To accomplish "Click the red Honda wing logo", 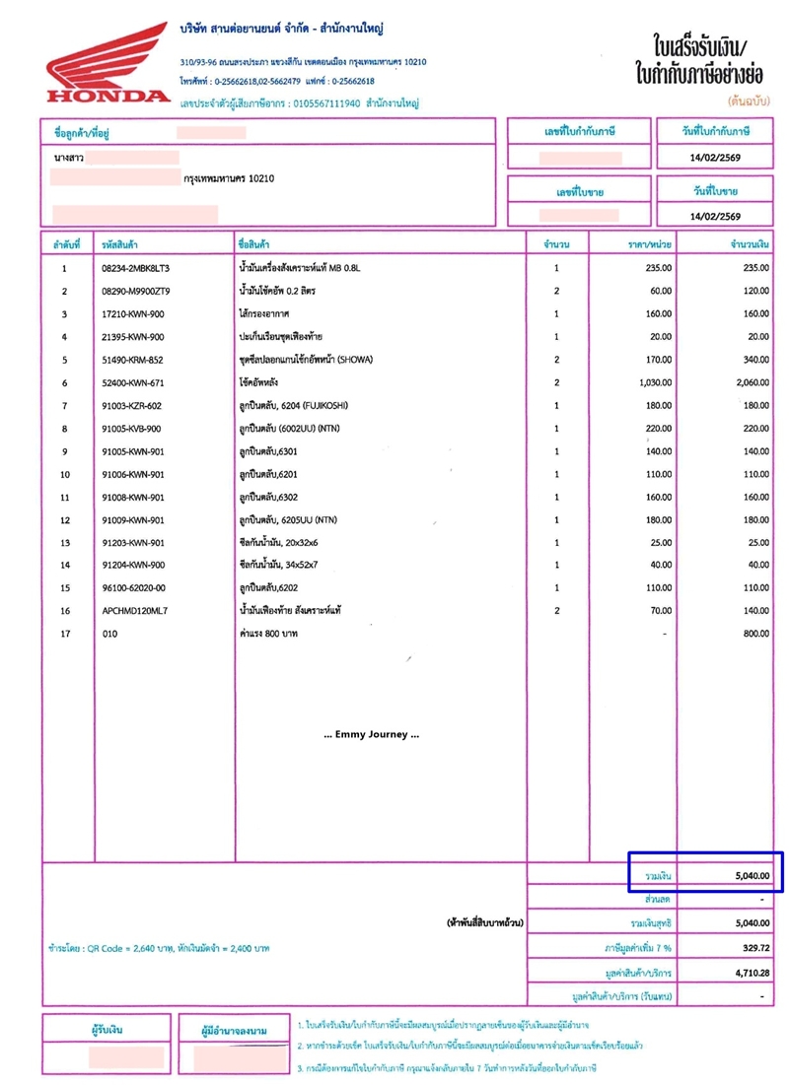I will coord(106,61).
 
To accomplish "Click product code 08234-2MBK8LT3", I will coord(136,268).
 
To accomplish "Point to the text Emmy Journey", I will coord(372,734).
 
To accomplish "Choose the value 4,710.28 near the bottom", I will coord(749,972).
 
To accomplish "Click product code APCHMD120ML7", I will coord(135,611).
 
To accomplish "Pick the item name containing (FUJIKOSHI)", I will coord(294,405).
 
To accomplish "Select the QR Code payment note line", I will coord(158,948).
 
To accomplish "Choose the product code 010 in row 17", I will coord(109,634).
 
